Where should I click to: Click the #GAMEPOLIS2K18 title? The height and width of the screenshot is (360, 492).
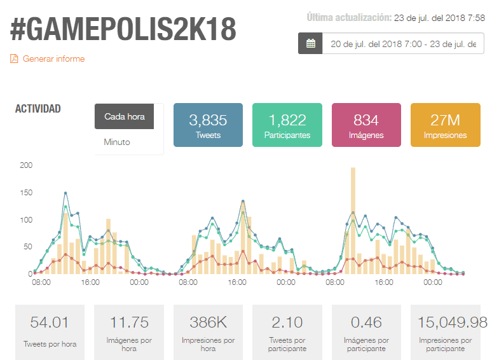[x=123, y=29]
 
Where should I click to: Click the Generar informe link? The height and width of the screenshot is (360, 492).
[x=48, y=59]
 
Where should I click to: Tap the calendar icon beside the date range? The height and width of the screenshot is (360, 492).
[x=310, y=43]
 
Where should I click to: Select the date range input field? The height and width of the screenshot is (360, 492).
[x=403, y=43]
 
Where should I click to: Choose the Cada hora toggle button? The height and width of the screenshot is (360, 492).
[x=124, y=116]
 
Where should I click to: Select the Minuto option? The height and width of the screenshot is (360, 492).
[x=117, y=142]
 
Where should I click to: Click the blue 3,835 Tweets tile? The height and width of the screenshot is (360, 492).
[x=208, y=125]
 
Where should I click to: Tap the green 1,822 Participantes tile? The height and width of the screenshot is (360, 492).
[x=287, y=125]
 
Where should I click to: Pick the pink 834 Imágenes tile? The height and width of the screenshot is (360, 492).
[x=366, y=125]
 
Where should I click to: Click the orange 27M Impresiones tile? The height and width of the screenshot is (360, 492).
[x=445, y=125]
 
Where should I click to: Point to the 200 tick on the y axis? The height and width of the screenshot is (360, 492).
[x=26, y=165]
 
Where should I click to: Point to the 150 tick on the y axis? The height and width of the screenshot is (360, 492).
[x=26, y=193]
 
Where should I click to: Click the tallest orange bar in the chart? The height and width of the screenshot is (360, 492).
[x=353, y=221]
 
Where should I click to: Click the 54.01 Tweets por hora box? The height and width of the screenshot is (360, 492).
[x=50, y=332]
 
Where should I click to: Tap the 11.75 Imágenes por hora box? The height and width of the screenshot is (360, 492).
[x=129, y=332]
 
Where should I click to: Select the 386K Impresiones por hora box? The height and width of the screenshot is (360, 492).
[x=208, y=332]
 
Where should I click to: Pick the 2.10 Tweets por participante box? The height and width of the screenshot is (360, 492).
[x=287, y=332]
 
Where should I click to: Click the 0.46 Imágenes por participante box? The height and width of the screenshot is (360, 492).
[x=366, y=332]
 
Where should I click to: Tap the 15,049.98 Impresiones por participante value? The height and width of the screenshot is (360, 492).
[x=452, y=322]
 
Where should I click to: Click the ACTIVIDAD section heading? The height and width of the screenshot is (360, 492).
[x=38, y=109]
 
